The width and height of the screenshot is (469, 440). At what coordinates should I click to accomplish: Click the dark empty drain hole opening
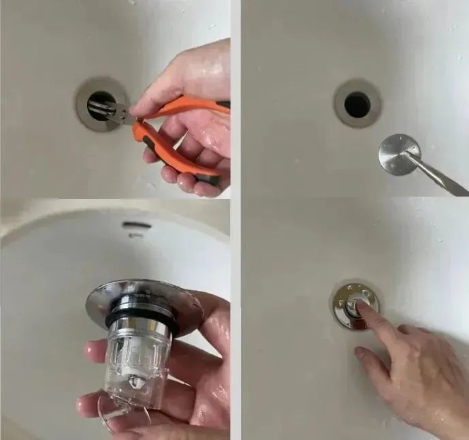(357, 104)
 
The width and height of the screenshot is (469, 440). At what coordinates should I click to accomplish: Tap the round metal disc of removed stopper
(398, 153)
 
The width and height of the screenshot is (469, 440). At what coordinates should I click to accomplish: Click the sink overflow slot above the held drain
(133, 225)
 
